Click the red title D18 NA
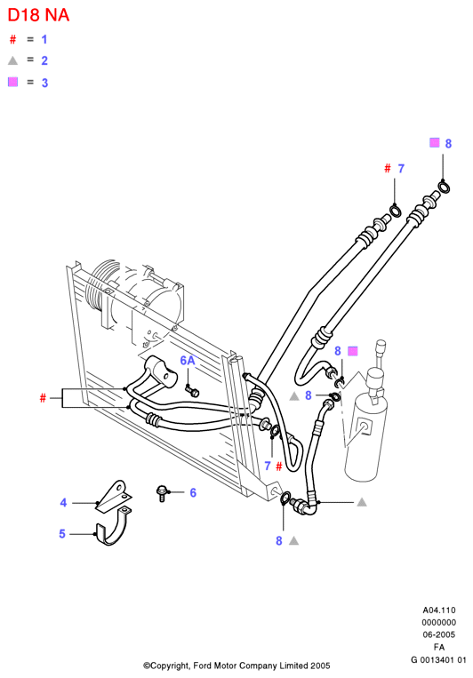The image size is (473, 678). [38, 16]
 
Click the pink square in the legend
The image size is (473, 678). [12, 82]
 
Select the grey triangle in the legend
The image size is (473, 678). [12, 60]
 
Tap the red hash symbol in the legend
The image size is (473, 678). [12, 39]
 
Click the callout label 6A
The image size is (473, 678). [188, 360]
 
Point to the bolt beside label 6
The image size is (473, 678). [162, 493]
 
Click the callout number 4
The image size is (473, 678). [63, 502]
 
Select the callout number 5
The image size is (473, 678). [62, 533]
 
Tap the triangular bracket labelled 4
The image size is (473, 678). [114, 498]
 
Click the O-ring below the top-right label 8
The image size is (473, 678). [444, 187]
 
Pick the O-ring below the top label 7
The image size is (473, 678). [396, 211]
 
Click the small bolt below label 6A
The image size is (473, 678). [192, 390]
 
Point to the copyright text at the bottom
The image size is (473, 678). [236, 666]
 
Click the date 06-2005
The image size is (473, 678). [439, 634]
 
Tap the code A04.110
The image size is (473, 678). [439, 610]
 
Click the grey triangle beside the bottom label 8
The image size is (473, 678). [293, 540]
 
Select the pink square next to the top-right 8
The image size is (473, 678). [434, 142]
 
